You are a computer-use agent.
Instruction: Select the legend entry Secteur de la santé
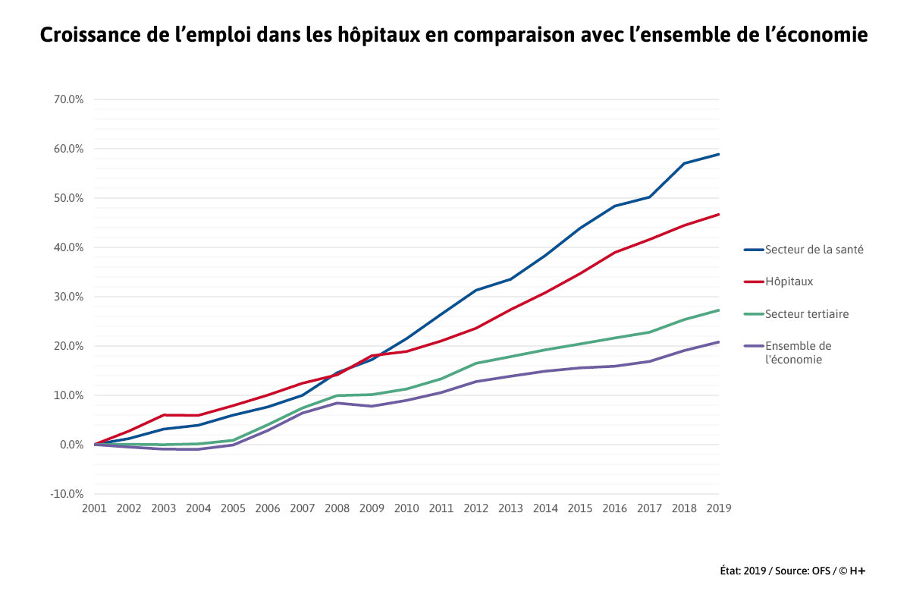click(x=814, y=249)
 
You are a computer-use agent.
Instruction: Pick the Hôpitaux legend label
click(x=789, y=282)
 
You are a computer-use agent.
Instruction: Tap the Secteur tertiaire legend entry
click(x=807, y=314)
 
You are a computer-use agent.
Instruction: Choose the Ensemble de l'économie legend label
click(x=798, y=353)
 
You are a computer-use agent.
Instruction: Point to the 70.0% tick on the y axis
click(x=68, y=99)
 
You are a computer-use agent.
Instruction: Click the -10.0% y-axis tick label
click(x=67, y=494)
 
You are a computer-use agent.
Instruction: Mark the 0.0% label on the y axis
click(x=71, y=445)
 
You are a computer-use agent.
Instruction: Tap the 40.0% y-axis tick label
click(x=68, y=247)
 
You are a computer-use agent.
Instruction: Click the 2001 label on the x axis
click(x=94, y=508)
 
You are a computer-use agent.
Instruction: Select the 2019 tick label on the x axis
click(x=718, y=508)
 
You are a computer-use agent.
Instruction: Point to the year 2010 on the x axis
click(x=406, y=508)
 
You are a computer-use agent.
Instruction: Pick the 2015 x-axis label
click(x=580, y=508)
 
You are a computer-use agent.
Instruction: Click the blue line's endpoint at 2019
click(x=719, y=154)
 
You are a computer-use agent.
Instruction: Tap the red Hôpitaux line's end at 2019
click(x=719, y=214)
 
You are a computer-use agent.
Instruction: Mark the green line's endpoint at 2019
click(x=719, y=310)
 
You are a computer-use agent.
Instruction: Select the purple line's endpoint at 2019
click(x=719, y=341)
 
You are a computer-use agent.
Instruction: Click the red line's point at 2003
click(x=164, y=415)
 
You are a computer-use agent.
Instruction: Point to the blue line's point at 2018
click(x=685, y=163)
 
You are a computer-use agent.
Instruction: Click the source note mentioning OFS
click(x=792, y=571)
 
